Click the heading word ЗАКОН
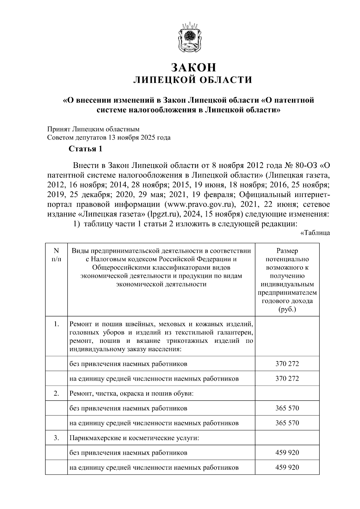[x=193, y=67]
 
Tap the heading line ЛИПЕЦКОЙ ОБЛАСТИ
[x=193, y=80]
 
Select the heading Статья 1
[x=85, y=149]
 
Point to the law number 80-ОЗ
[x=306, y=165]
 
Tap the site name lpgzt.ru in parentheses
[x=163, y=214]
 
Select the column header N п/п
[x=56, y=255]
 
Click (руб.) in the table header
[x=287, y=309]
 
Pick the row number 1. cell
[x=56, y=324]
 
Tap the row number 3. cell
[x=56, y=438]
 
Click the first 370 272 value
[x=287, y=364]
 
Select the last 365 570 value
[x=287, y=423]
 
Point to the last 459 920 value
[x=287, y=467]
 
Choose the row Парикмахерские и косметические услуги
[x=134, y=438]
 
